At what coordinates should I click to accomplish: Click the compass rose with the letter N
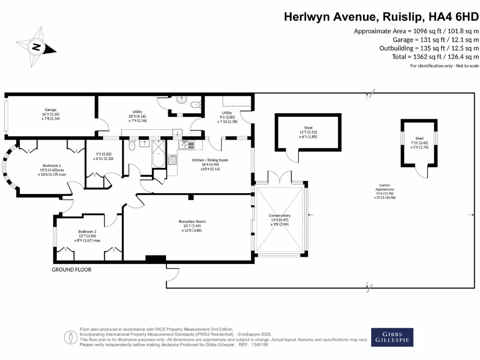[37, 46]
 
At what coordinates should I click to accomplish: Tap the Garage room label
[51, 114]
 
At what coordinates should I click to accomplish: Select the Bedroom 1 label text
[52, 170]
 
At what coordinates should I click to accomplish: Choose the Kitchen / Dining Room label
[210, 165]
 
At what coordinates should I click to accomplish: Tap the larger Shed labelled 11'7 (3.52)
[308, 132]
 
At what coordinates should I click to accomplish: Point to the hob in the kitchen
[172, 160]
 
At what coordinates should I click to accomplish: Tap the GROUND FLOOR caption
[71, 270]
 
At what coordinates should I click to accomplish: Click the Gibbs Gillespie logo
[393, 337]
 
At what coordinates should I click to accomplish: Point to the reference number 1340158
[259, 345]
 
